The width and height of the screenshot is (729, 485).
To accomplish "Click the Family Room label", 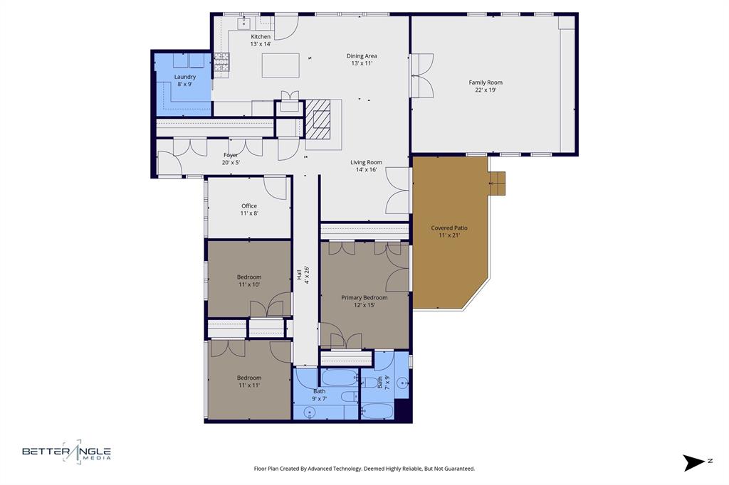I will [486, 86].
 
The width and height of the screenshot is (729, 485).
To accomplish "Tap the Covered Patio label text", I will [449, 231].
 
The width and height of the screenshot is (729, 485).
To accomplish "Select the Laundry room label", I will [185, 80].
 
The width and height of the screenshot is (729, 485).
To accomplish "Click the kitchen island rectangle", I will [280, 65].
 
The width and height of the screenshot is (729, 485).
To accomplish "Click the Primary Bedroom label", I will [364, 301].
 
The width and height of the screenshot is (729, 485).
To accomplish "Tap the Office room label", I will [249, 209].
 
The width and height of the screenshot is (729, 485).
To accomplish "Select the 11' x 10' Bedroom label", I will [249, 280].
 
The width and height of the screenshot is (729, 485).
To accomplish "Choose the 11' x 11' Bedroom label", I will [249, 381].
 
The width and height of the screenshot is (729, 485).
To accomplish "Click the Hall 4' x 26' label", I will [303, 275].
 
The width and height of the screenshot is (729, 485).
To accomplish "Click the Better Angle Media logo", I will [66, 452].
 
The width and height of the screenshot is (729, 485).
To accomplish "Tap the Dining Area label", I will [362, 59].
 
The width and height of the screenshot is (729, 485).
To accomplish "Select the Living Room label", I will [366, 166].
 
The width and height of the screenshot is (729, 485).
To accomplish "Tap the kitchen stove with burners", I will [221, 62].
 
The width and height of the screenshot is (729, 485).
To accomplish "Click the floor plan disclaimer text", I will [364, 469].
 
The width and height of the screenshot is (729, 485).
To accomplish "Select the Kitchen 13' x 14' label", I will [261, 40].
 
